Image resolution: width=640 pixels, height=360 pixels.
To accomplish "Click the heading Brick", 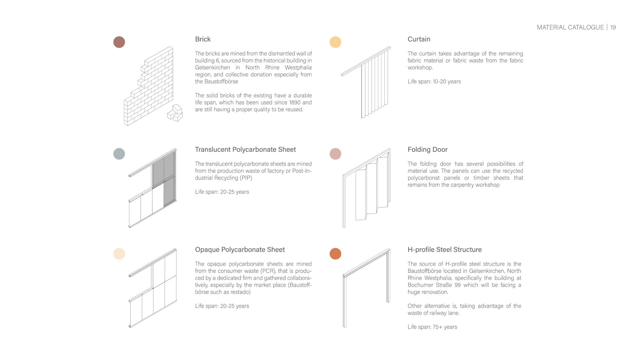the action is (x=203, y=39).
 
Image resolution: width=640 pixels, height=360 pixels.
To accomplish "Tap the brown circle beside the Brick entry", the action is (x=119, y=42).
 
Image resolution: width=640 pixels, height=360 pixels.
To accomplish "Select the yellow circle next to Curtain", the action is (x=335, y=42).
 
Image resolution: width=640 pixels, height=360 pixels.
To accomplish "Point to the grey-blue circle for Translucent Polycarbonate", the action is (x=119, y=154).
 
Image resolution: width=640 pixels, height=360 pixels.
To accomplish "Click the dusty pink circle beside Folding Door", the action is (x=335, y=154).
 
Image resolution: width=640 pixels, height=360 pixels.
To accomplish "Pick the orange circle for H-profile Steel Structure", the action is (x=335, y=254).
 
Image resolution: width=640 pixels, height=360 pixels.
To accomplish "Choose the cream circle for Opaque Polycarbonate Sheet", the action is (x=119, y=254).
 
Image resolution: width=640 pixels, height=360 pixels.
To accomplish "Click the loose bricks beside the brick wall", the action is (x=175, y=113).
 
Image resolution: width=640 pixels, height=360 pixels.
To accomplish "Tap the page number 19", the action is (x=613, y=27).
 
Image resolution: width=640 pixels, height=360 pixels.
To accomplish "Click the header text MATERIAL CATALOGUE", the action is (x=570, y=27).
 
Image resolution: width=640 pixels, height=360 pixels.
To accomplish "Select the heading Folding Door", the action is (x=427, y=149).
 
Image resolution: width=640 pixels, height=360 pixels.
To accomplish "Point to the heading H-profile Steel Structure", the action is (x=444, y=249).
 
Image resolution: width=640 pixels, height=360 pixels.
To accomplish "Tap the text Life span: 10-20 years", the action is (x=434, y=81).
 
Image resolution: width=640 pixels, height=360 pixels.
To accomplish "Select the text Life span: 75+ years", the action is (x=432, y=327).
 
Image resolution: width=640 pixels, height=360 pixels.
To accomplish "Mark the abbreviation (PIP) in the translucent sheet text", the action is (x=245, y=178).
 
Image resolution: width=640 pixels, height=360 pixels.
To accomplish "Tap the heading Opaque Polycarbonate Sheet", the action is (x=240, y=249).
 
